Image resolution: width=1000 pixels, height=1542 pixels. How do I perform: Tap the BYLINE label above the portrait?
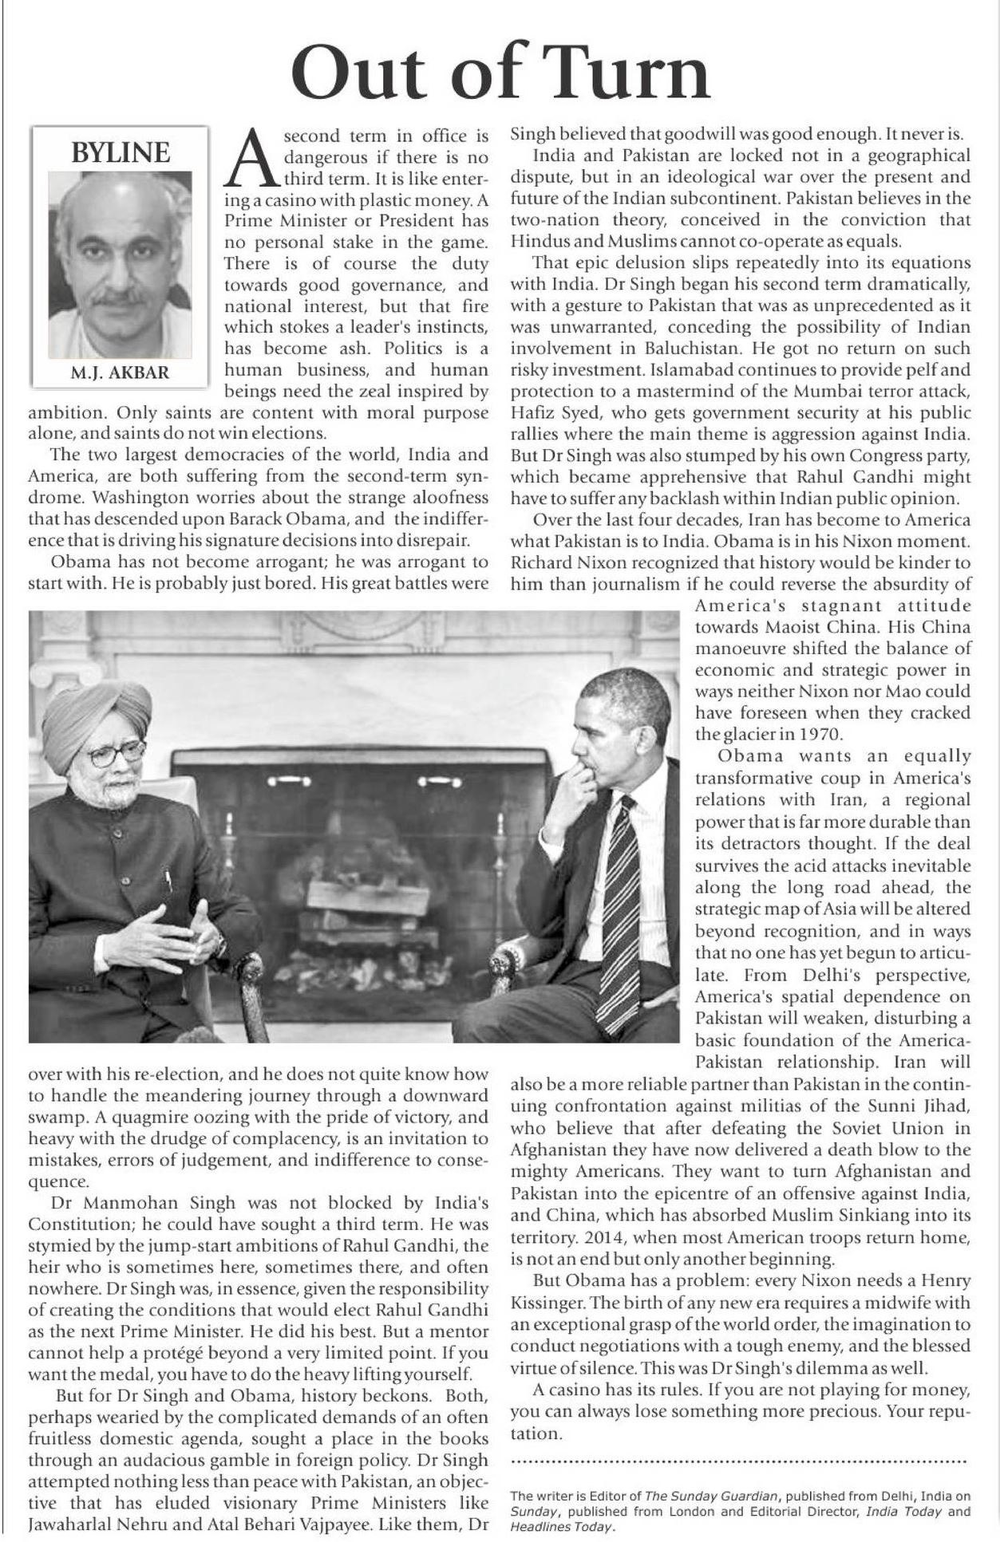click(x=121, y=152)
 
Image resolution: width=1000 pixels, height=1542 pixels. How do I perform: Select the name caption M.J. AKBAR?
click(x=120, y=373)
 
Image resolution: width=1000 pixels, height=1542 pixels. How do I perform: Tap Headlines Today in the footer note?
click(x=562, y=1526)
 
